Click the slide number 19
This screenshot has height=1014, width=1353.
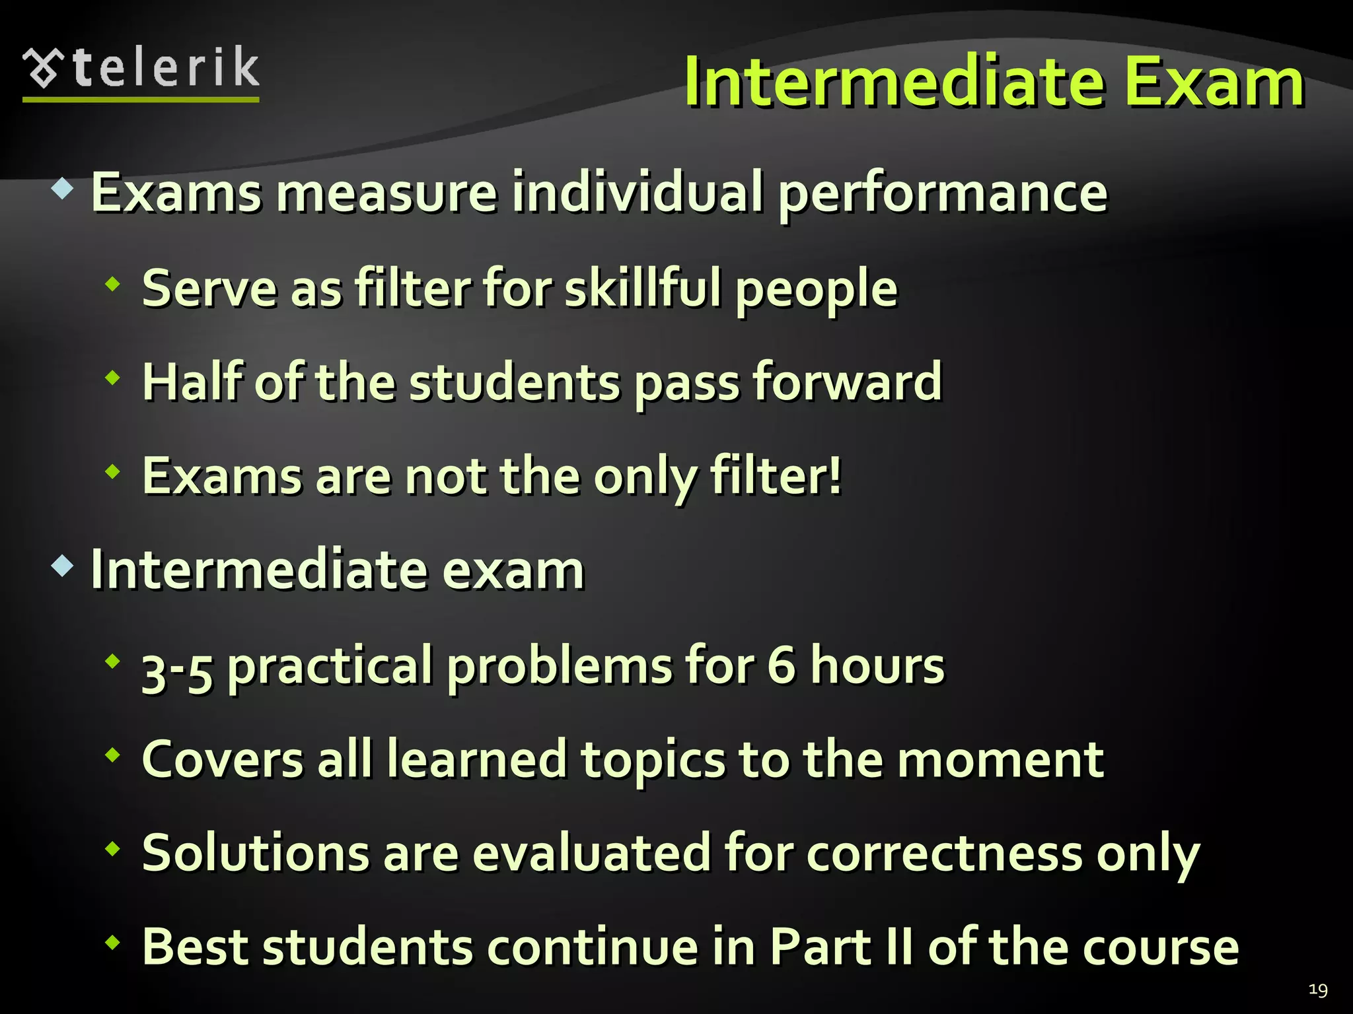1317,990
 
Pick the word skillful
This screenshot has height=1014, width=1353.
642,288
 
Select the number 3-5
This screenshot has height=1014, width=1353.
177,668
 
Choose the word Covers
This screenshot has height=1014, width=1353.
223,760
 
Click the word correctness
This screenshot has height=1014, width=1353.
944,854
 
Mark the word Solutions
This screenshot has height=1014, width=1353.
254,853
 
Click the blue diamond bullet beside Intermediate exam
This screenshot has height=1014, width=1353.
62,566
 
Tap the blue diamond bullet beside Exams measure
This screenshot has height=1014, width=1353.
62,189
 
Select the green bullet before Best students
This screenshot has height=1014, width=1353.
113,942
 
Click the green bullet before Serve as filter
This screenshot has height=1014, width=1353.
113,285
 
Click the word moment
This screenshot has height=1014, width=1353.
1000,760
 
